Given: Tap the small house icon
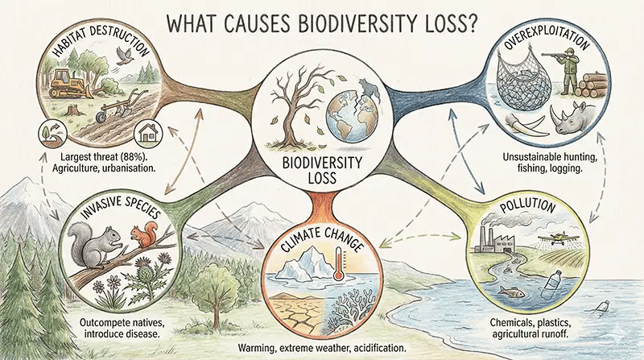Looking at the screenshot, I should pyautogui.click(x=147, y=130).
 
